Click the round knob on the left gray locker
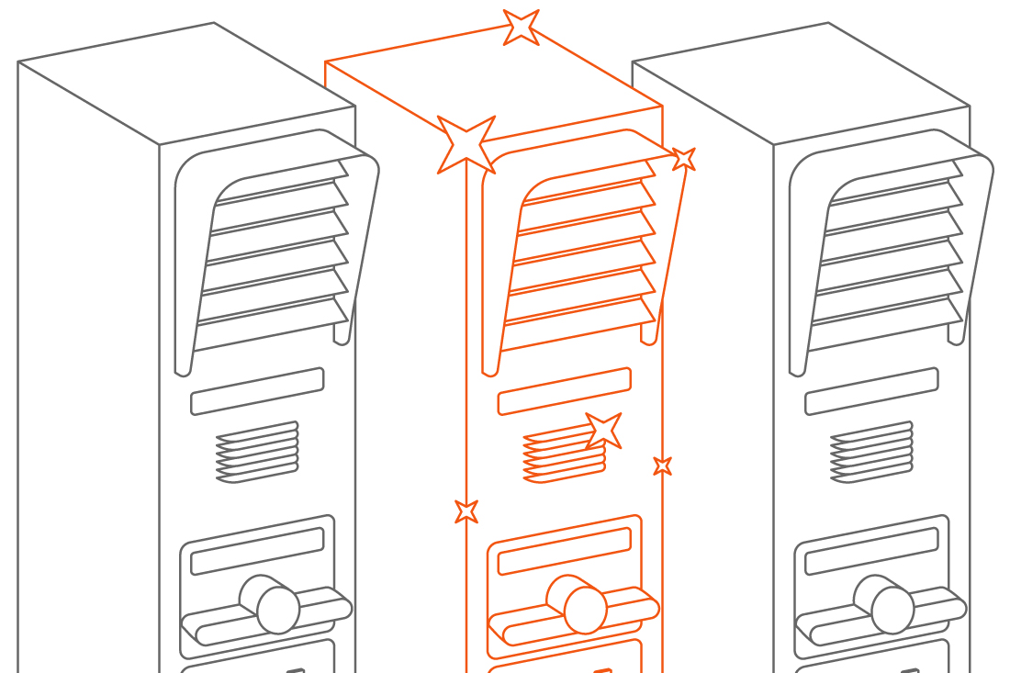click(x=277, y=610)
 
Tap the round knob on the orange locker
click(x=585, y=610)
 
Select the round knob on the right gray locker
click(x=892, y=610)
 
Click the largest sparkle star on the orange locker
click(x=466, y=144)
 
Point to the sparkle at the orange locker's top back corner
click(x=521, y=27)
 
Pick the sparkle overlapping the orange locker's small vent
click(x=603, y=431)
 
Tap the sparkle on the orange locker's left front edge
click(x=466, y=510)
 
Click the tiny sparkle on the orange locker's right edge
click(x=662, y=465)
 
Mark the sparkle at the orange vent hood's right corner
click(x=683, y=159)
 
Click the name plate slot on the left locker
click(x=257, y=391)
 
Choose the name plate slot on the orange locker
click(x=564, y=391)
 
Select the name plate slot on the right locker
click(x=871, y=391)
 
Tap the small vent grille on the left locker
click(x=257, y=453)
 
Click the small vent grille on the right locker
click(x=871, y=453)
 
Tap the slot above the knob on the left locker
click(x=257, y=551)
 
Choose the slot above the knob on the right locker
click(x=871, y=551)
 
